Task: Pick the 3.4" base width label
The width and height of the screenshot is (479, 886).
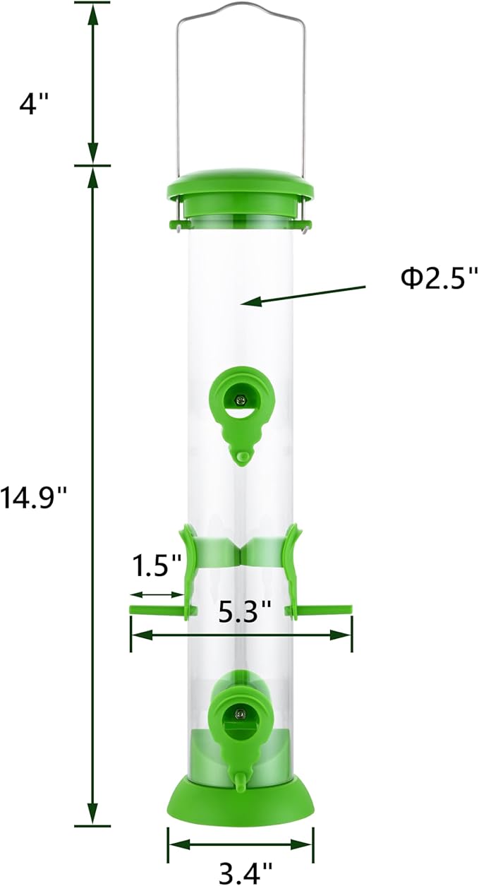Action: (239, 874)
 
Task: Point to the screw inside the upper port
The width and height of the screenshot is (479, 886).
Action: (241, 400)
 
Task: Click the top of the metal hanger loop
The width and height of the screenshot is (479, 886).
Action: (240, 6)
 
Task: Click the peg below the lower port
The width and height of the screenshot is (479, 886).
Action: (240, 778)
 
